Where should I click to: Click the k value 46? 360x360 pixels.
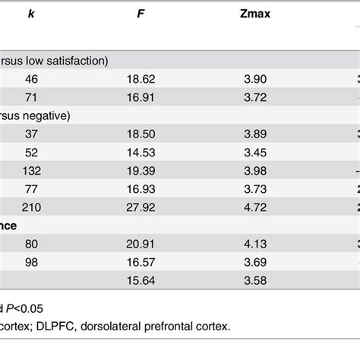[30, 77]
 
